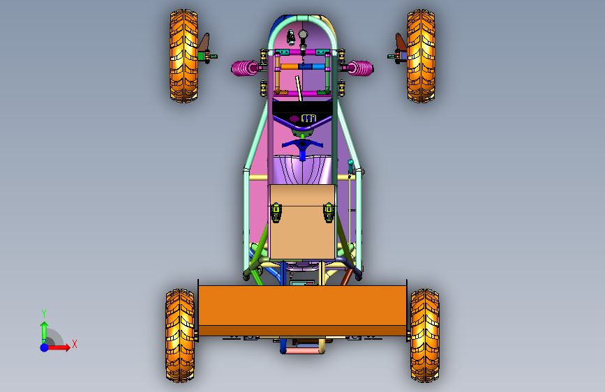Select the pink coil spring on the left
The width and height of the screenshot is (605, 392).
pyautogui.click(x=245, y=68)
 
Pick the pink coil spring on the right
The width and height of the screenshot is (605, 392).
pyautogui.click(x=360, y=68)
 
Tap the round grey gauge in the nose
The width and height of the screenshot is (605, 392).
pyautogui.click(x=304, y=35)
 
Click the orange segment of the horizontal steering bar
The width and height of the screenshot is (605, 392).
pyautogui.click(x=290, y=67)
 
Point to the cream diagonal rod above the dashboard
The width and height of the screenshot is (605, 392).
pyautogui.click(x=298, y=89)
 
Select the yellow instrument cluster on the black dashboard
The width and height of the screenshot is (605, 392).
pyautogui.click(x=308, y=118)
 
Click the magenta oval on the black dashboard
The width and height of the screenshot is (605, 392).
pyautogui.click(x=294, y=119)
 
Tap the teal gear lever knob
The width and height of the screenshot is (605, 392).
pyautogui.click(x=350, y=163)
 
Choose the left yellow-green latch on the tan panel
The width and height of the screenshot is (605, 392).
pyautogui.click(x=276, y=212)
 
